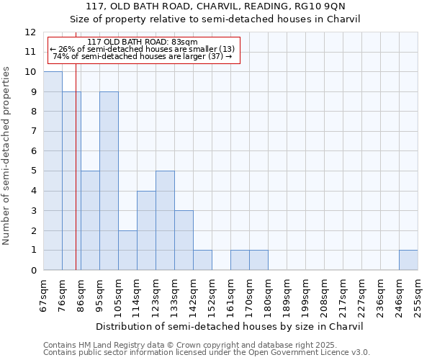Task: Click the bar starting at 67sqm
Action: tap(53, 171)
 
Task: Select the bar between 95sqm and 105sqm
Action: tap(109, 181)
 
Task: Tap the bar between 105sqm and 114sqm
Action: tap(127, 250)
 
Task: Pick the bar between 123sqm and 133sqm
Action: tap(165, 220)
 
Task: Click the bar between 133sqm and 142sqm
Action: tap(184, 240)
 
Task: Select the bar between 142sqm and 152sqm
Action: tap(202, 260)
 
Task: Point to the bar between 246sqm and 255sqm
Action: tap(408, 260)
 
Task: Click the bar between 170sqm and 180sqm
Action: tap(258, 260)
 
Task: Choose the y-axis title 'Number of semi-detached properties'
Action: tap(6, 156)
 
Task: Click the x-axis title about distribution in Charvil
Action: tap(230, 326)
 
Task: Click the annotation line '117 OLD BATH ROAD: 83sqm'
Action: tap(143, 42)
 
